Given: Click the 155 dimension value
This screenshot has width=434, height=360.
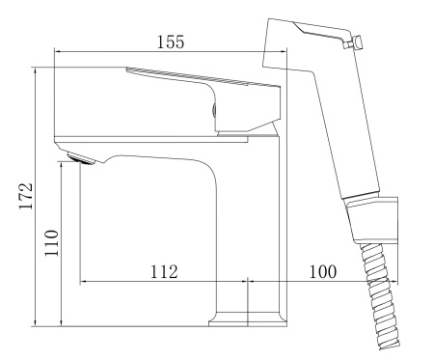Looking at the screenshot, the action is tap(171, 42).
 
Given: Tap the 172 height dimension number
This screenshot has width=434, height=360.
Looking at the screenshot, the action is tap(26, 196).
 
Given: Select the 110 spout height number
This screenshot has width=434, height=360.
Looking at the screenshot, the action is tap(51, 243).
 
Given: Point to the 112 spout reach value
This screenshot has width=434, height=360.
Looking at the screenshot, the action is tap(164, 272).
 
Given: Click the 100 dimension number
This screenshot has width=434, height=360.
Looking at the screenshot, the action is tap(323, 272).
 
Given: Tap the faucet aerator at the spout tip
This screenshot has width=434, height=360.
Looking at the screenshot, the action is tap(80, 158).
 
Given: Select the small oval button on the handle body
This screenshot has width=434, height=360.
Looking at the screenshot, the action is tap(214, 110).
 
